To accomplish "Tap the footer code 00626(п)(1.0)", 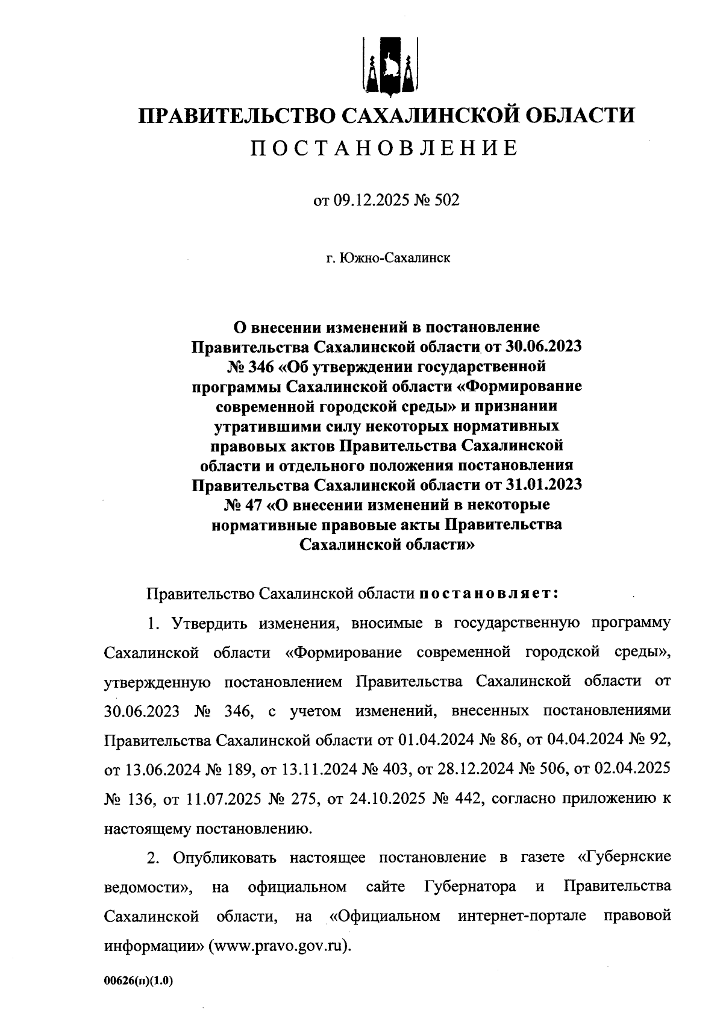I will [139, 981].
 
